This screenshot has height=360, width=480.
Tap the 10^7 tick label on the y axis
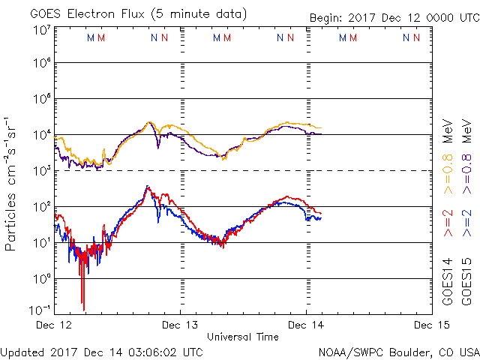pyautogui.click(x=41, y=30)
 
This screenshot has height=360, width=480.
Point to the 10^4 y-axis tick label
pyautogui.click(x=41, y=135)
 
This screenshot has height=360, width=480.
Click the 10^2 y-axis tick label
pyautogui.click(x=41, y=206)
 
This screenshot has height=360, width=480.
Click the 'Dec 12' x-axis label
pyautogui.click(x=54, y=325)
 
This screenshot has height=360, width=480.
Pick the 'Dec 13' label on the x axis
pyautogui.click(x=180, y=325)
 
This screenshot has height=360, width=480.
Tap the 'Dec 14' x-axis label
pyautogui.click(x=306, y=325)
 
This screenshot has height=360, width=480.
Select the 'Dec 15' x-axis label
pyautogui.click(x=432, y=325)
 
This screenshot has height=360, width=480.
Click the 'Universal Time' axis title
pyautogui.click(x=242, y=337)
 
